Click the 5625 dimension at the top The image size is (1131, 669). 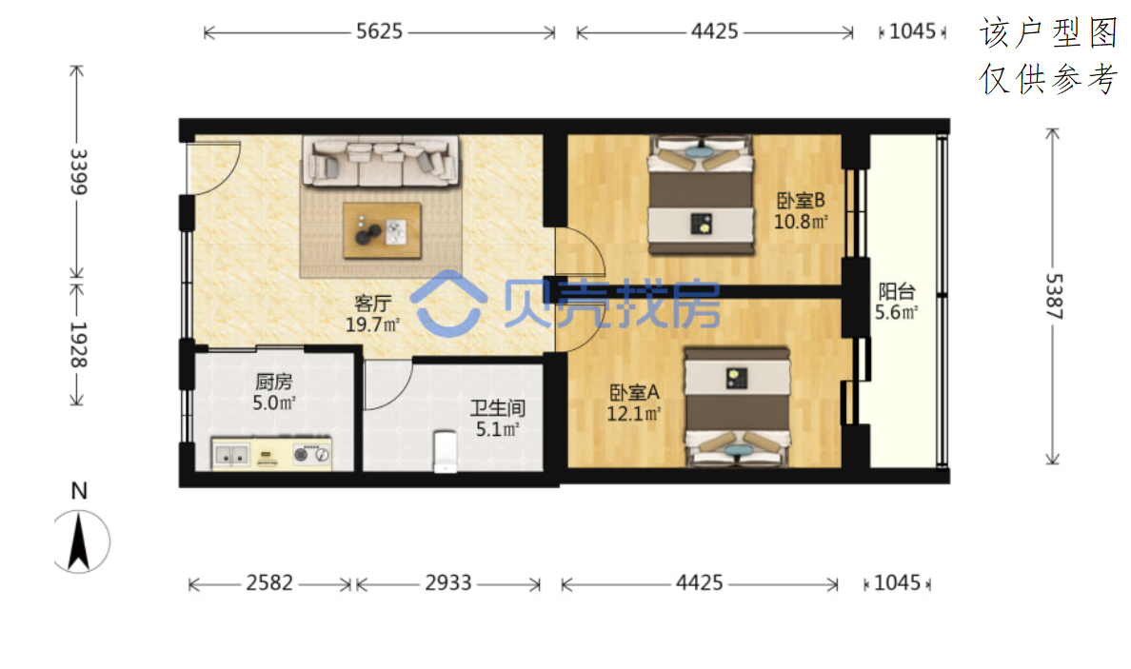(x=380, y=31)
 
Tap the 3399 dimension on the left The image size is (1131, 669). (x=78, y=171)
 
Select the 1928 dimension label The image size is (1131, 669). (x=78, y=344)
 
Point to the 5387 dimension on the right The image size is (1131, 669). (x=1054, y=296)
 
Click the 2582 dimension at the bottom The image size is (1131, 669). (x=269, y=582)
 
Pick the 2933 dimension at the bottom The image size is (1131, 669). (x=448, y=582)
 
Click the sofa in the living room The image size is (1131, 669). (x=381, y=162)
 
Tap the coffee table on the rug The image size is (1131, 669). (x=382, y=230)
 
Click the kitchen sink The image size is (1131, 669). (x=231, y=455)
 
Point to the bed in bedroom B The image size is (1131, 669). (x=701, y=195)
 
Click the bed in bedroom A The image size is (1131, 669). (x=737, y=407)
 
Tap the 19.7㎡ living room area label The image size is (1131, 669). (x=372, y=325)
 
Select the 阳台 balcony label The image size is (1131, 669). (x=897, y=291)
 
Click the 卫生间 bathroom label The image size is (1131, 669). (x=498, y=408)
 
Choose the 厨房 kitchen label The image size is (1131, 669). (x=274, y=382)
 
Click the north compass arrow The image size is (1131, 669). (x=79, y=541)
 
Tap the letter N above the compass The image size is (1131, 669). (x=79, y=491)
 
